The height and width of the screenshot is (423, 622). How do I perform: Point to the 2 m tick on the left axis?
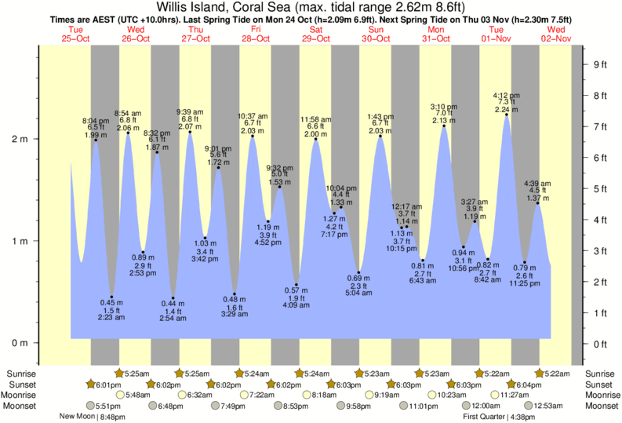[35, 139]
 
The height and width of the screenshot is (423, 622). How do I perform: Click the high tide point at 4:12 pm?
[506, 115]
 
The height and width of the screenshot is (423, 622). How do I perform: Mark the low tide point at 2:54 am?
[173, 298]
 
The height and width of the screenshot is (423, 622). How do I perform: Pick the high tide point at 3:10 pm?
[444, 126]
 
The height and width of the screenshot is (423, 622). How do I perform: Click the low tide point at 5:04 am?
[358, 272]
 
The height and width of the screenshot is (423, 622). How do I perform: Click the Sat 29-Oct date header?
[316, 35]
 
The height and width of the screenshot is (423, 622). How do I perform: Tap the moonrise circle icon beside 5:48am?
[120, 395]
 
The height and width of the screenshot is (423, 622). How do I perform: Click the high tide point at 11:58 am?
[316, 140]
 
